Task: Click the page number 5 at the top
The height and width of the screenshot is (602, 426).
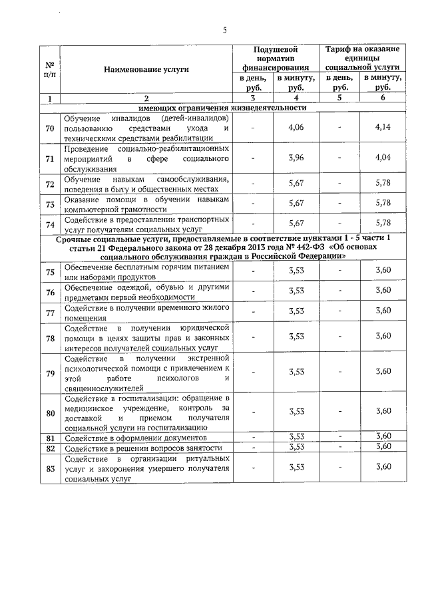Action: [x=224, y=30]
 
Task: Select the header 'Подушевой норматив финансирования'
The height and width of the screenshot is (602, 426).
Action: [x=276, y=59]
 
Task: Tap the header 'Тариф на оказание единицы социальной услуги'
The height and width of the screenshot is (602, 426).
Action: [x=362, y=59]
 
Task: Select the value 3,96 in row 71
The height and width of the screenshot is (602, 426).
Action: [x=297, y=159]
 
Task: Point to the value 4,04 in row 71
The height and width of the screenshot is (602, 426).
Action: [x=382, y=159]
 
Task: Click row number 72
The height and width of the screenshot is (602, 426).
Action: [x=50, y=184]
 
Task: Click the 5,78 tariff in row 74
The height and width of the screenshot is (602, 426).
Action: [x=382, y=224]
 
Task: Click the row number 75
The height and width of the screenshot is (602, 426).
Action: [x=50, y=271]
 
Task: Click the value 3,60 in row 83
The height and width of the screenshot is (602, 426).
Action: [x=383, y=468]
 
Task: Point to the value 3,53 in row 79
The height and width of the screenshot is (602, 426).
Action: [x=297, y=373]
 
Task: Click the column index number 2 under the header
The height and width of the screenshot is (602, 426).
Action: [x=146, y=98]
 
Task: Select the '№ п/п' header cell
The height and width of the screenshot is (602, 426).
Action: [x=50, y=69]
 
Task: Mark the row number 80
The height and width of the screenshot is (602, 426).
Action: [x=50, y=412]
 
